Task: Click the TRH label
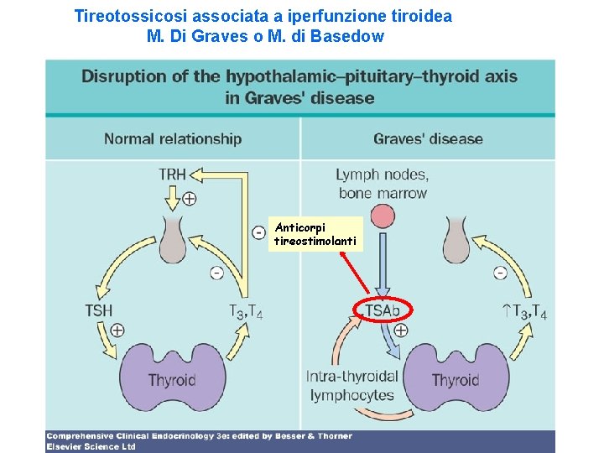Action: [x=172, y=174]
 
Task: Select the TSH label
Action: [x=98, y=310]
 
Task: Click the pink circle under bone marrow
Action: [x=383, y=217]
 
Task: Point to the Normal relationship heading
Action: [x=173, y=139]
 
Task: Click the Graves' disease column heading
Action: [x=428, y=139]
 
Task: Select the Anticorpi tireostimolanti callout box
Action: [x=315, y=234]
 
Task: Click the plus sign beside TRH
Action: [x=190, y=199]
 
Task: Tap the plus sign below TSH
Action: [x=117, y=330]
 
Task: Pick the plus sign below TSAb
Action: [x=401, y=330]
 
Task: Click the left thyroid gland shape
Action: [x=171, y=378]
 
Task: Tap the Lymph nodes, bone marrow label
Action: [x=382, y=184]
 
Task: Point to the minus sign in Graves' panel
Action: [x=501, y=272]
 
